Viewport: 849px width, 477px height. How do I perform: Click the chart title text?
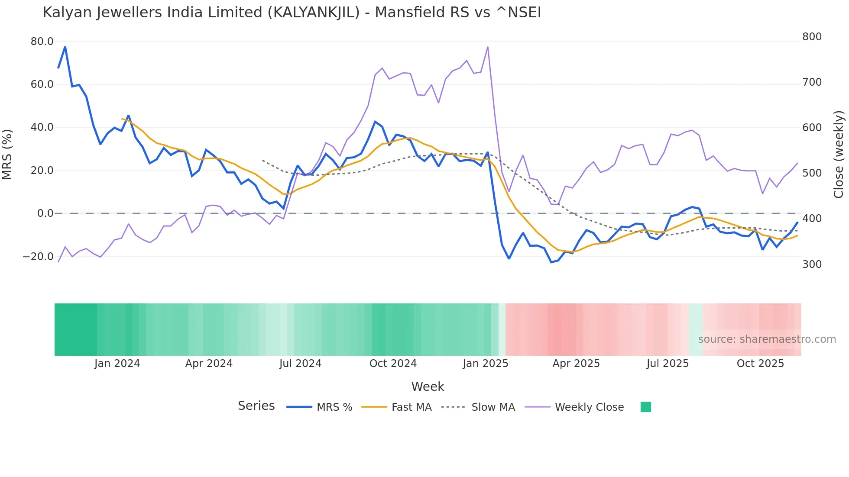tap(292, 13)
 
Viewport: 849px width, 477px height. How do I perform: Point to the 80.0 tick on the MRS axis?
tap(42, 42)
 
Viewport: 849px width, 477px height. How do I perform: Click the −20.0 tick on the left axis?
tap(38, 257)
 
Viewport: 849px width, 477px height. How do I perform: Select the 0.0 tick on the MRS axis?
tap(45, 213)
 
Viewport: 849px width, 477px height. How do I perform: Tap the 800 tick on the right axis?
tap(812, 37)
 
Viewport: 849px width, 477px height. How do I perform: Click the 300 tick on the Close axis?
tap(812, 264)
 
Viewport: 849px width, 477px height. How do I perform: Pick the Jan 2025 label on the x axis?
tap(485, 364)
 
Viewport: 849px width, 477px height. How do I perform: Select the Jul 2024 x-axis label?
tap(300, 364)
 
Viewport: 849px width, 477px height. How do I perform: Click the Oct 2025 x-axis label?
tap(760, 364)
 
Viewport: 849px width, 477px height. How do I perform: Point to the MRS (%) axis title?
tap(7, 155)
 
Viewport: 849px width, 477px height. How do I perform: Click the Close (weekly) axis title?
tap(839, 155)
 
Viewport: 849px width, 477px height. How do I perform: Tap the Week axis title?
tap(428, 387)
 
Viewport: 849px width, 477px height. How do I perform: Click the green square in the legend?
tap(645, 407)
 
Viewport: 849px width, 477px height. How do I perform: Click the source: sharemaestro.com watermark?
tap(767, 339)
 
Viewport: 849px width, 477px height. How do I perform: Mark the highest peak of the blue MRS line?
tap(65, 47)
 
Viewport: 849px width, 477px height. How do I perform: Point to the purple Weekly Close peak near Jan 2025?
tap(488, 47)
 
